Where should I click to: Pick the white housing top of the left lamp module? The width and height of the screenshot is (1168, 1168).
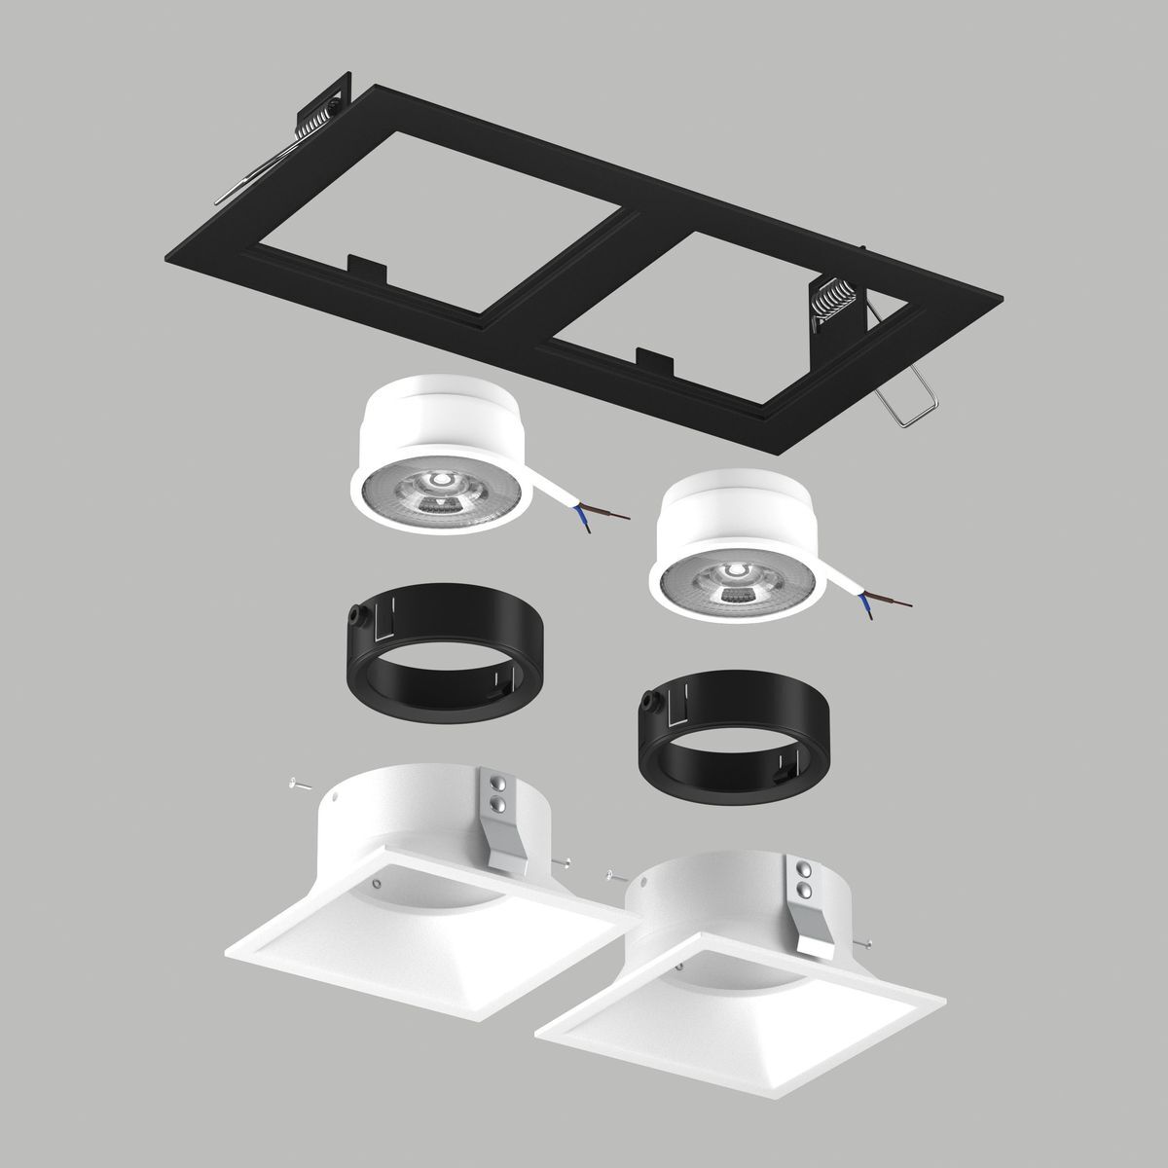[x=443, y=414]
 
